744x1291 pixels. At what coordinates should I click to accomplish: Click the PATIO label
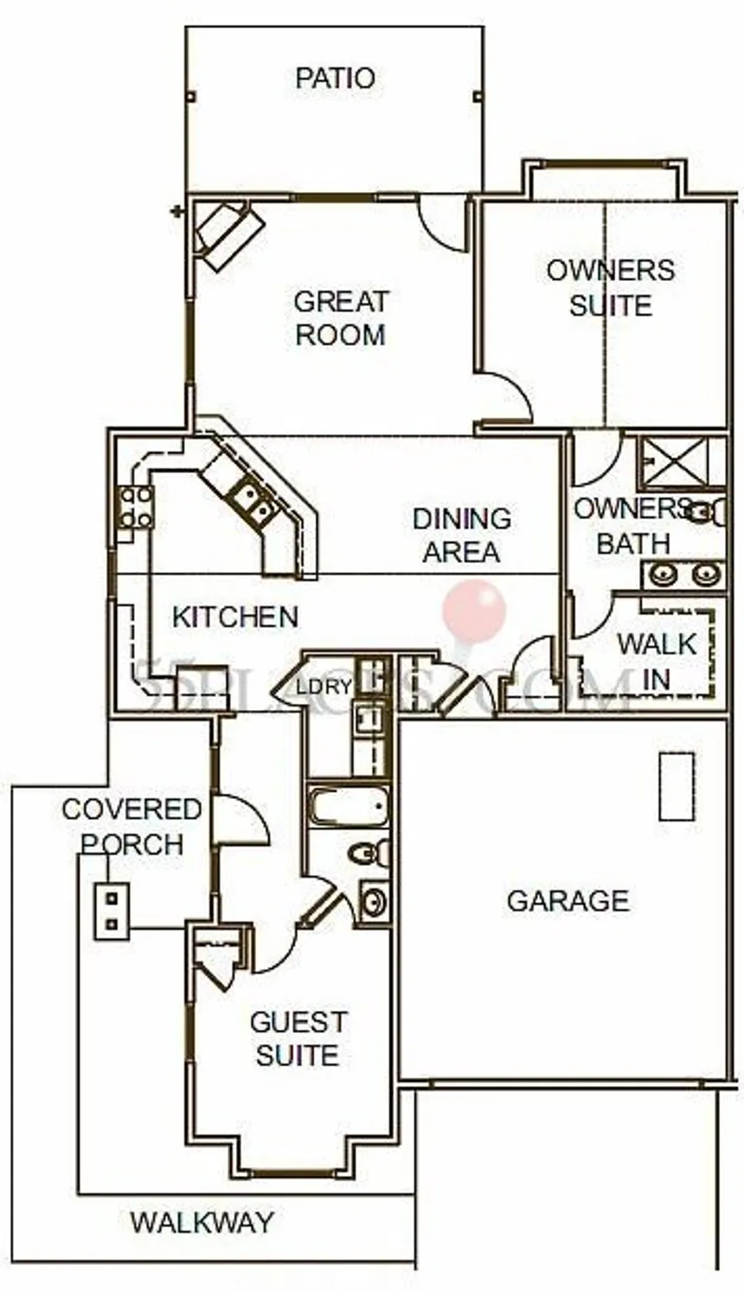tap(335, 78)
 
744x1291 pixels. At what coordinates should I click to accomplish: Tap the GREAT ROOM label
tap(341, 318)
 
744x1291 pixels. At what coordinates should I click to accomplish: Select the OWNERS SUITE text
tap(611, 287)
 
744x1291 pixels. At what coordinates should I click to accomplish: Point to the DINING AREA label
tap(461, 535)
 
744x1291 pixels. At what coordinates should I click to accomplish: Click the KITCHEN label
tap(234, 617)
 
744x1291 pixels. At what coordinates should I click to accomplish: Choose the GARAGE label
tap(568, 901)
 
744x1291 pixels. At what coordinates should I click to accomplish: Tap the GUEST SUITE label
tap(298, 1039)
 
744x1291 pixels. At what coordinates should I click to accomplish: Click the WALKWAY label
tap(202, 1222)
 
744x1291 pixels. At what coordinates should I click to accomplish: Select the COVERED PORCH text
tap(131, 826)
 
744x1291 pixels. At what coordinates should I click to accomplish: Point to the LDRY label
tap(324, 687)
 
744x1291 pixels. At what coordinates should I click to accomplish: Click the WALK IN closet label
tap(657, 661)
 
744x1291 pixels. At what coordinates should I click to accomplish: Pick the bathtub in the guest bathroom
tap(349, 807)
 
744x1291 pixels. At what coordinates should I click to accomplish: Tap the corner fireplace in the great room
tap(228, 231)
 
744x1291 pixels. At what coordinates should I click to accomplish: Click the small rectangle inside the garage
tap(677, 786)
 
